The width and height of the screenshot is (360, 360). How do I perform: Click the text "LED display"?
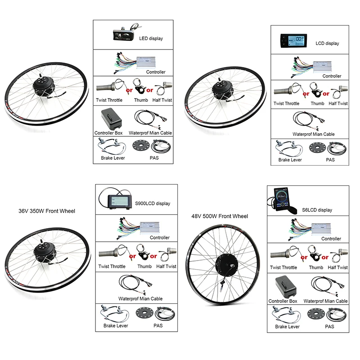[x=151, y=39]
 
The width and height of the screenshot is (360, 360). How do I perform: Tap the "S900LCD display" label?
[x=153, y=203]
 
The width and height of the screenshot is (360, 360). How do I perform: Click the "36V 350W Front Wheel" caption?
[x=47, y=211]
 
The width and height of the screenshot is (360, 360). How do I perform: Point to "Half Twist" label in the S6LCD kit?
[x=337, y=267]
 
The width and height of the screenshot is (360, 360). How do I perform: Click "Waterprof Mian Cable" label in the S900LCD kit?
[x=140, y=298]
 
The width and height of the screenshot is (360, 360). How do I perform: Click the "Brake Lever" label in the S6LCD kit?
[x=288, y=327]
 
